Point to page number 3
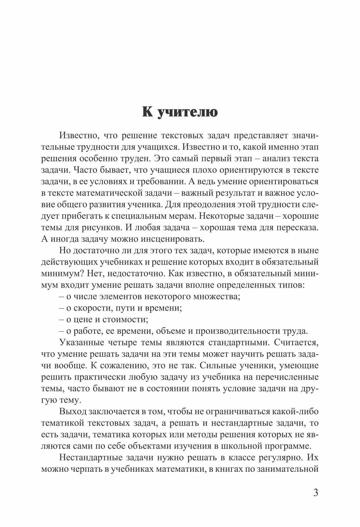click(x=315, y=492)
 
